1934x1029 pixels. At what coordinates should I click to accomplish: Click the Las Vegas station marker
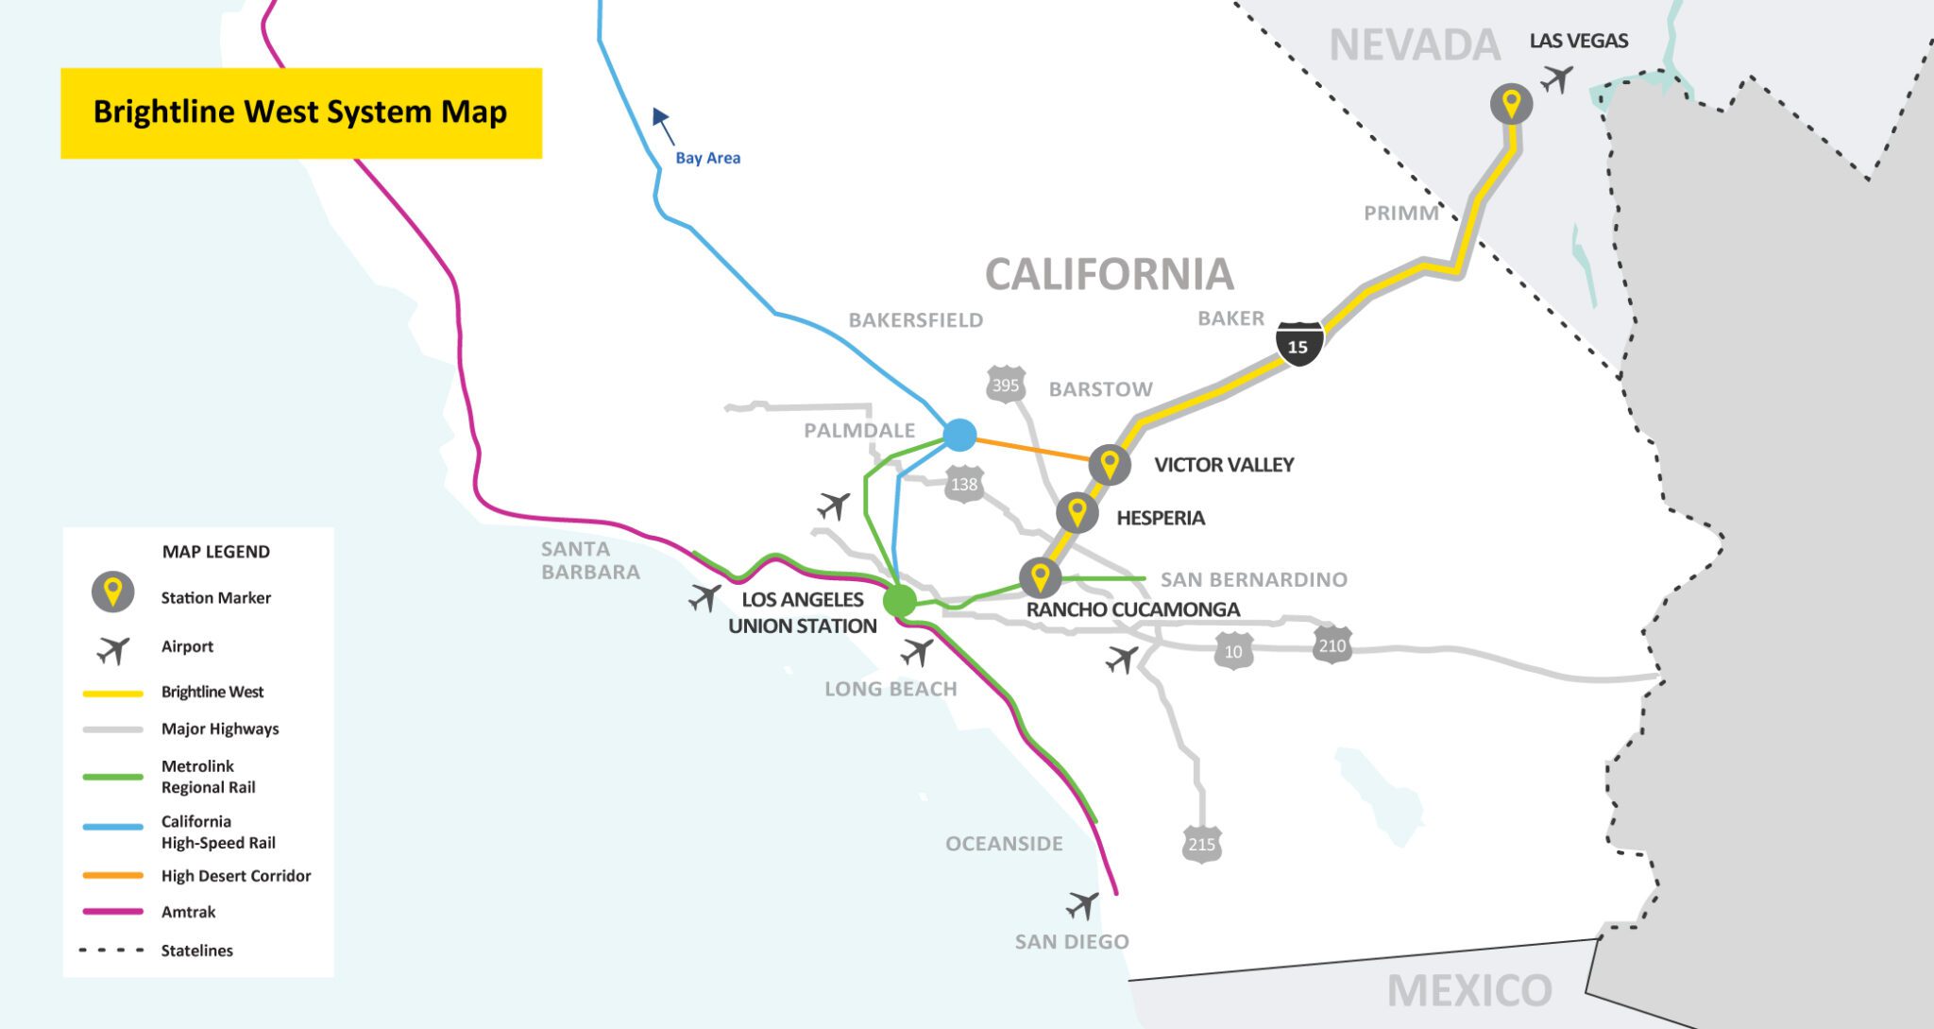point(1511,103)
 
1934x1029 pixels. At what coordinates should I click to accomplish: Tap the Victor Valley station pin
point(1110,465)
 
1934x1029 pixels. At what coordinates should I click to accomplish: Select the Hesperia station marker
point(1077,513)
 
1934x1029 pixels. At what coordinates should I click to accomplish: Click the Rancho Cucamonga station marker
point(1040,576)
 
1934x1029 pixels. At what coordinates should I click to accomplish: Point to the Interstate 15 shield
point(1298,344)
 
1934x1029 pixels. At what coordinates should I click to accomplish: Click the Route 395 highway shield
point(1006,385)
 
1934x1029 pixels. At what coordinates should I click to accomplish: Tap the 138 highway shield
point(963,485)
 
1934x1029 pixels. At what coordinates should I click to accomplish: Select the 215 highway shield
point(1201,844)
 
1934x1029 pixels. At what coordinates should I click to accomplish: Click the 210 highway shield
point(1332,645)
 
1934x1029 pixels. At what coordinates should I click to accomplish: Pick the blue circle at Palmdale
point(959,435)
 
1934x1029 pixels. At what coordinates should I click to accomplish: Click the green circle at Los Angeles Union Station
point(899,600)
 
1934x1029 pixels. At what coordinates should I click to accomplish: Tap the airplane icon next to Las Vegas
point(1556,78)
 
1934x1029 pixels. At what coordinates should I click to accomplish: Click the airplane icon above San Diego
point(1082,905)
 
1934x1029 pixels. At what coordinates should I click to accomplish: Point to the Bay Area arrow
point(663,125)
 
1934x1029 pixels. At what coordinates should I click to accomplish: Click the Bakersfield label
point(915,320)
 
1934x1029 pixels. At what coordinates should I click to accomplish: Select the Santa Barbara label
point(590,560)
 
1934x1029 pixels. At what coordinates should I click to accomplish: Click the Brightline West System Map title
point(300,112)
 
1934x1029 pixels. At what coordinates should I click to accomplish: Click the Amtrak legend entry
point(188,912)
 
